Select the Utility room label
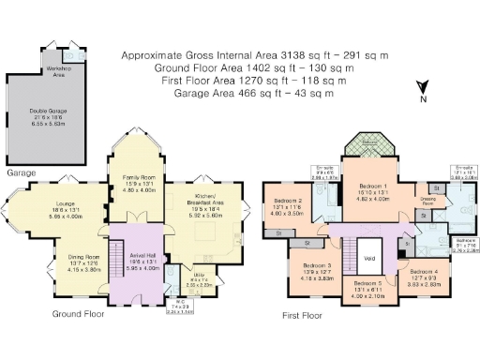(x=201, y=277)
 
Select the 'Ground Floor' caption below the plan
(x=77, y=314)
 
